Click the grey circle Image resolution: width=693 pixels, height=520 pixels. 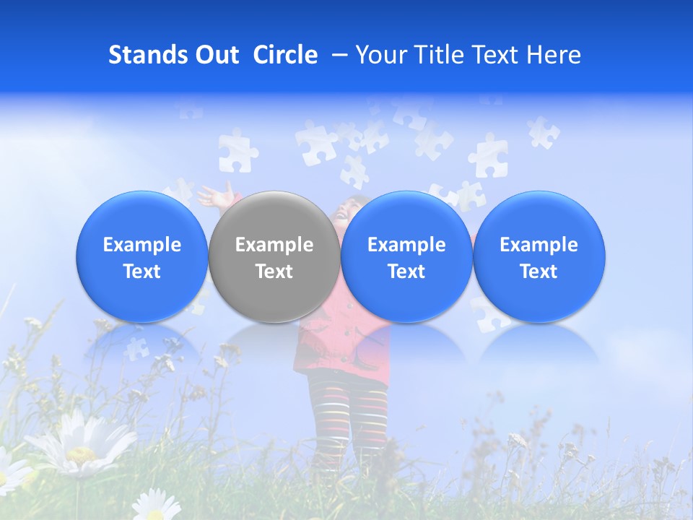click(274, 256)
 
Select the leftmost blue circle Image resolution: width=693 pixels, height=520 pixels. click(142, 256)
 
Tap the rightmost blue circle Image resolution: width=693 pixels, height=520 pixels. click(539, 256)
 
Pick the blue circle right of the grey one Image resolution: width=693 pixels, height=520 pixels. click(406, 256)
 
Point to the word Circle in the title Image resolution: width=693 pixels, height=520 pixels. click(285, 55)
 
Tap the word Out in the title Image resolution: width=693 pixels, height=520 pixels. click(215, 55)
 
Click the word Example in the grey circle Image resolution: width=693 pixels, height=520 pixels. click(274, 245)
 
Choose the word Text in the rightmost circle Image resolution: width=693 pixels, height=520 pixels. click(539, 272)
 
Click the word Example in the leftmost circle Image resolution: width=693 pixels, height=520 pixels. click(142, 245)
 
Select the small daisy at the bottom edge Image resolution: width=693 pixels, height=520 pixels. click(155, 506)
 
